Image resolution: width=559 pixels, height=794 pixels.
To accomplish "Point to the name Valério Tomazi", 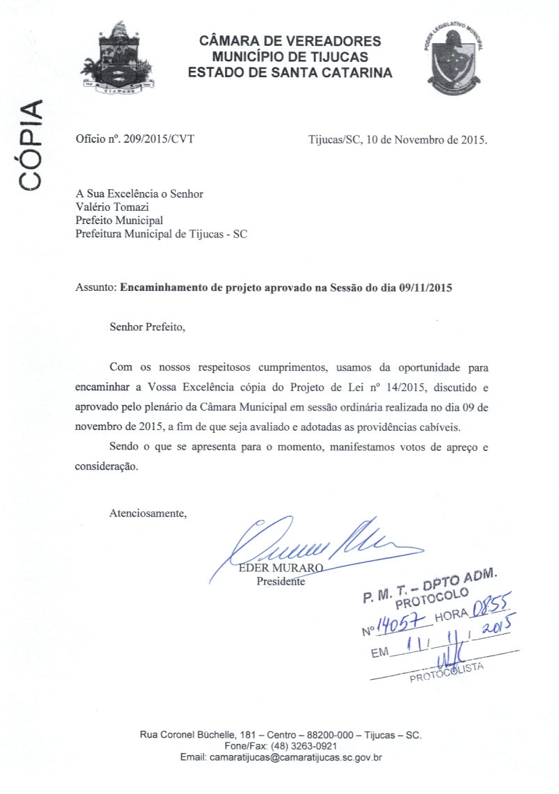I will tap(113, 207).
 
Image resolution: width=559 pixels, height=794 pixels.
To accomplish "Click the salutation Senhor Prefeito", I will tap(148, 325).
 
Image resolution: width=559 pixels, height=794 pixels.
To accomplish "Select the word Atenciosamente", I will tap(148, 514).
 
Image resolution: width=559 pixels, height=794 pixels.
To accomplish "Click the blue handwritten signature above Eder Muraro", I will tap(313, 543).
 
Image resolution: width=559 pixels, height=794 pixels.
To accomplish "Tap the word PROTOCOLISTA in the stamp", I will tap(446, 673).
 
